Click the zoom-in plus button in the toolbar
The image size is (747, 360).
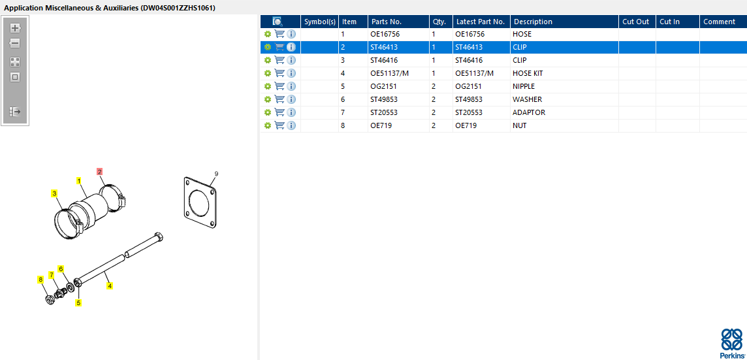[x=15, y=27]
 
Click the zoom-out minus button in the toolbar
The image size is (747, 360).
[x=15, y=43]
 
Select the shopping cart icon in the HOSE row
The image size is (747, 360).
[x=279, y=35]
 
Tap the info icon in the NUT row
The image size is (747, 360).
[x=291, y=125]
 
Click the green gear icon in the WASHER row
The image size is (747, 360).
[x=268, y=99]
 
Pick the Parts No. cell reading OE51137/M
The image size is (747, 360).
[x=390, y=73]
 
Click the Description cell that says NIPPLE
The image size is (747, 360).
[x=524, y=86]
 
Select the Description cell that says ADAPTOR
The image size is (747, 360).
[x=529, y=112]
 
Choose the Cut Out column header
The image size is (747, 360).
[x=636, y=22]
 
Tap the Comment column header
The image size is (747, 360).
[x=719, y=22]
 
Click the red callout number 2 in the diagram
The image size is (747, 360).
[x=99, y=172]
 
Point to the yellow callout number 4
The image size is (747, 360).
[x=110, y=286]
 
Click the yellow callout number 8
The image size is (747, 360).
[x=40, y=280]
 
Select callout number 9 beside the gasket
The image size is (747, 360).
[x=216, y=174]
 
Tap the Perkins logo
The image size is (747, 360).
[x=731, y=343]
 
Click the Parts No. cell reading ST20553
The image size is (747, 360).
[x=384, y=112]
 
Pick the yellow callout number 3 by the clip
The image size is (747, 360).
[x=55, y=193]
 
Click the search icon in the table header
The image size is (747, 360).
[x=278, y=22]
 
